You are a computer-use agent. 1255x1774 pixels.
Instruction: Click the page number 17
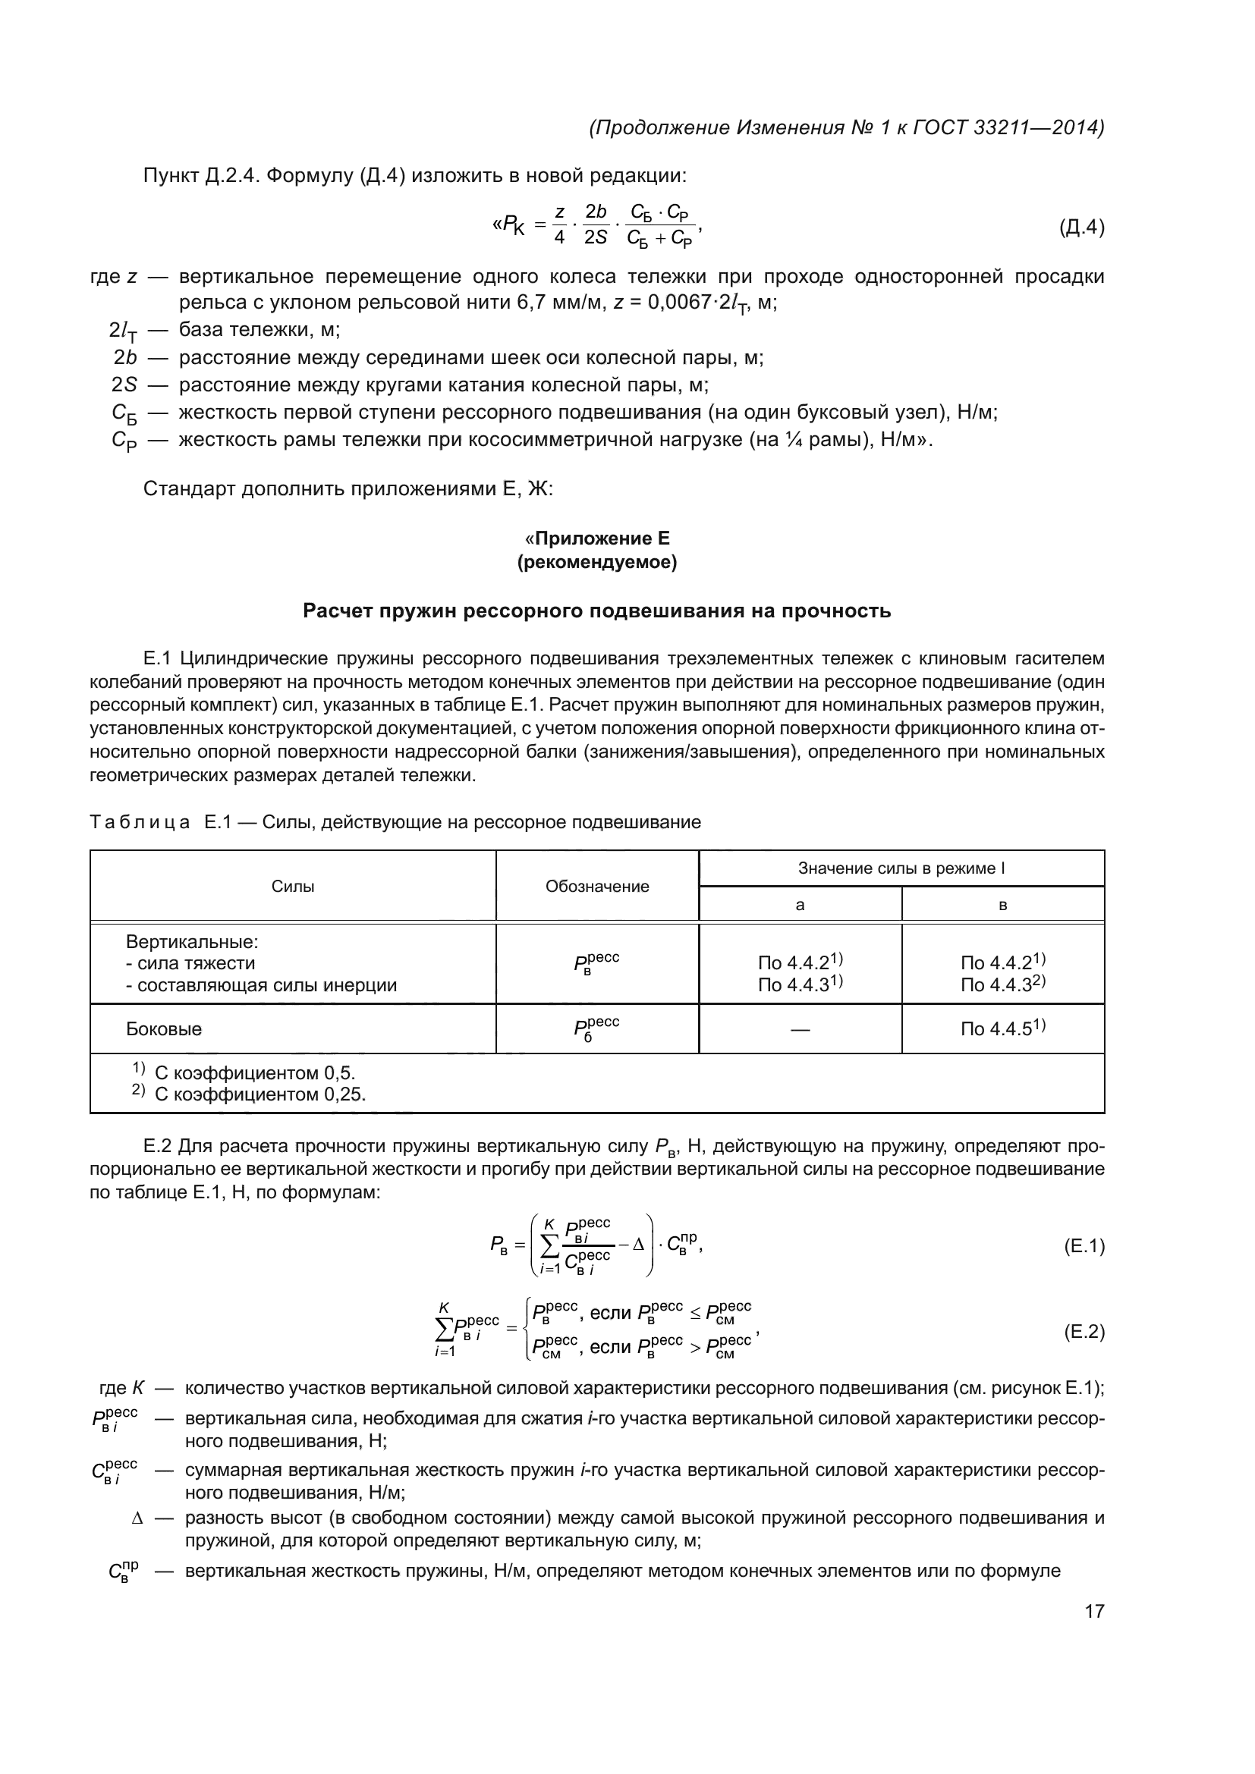pyautogui.click(x=1094, y=1611)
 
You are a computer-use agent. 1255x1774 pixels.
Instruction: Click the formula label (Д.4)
pyautogui.click(x=1081, y=228)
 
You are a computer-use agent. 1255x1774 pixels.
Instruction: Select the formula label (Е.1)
pyautogui.click(x=1084, y=1245)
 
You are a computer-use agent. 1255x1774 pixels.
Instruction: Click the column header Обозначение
pyautogui.click(x=596, y=886)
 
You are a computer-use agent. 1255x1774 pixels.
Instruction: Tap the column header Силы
pyautogui.click(x=293, y=886)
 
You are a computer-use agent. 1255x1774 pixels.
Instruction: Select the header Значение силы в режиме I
pyautogui.click(x=901, y=868)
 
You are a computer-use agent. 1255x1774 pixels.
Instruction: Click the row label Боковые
pyautogui.click(x=164, y=1028)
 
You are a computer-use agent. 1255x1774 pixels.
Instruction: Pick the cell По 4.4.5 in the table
pyautogui.click(x=1002, y=1028)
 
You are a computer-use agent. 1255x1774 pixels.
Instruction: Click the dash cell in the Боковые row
pyautogui.click(x=800, y=1029)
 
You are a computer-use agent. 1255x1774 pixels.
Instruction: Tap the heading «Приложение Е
pyautogui.click(x=596, y=538)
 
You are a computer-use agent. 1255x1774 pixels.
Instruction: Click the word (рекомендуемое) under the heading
pyautogui.click(x=596, y=563)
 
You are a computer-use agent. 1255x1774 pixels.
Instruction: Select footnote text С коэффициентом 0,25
pyautogui.click(x=259, y=1094)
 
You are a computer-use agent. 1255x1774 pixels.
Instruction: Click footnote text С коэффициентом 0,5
pyautogui.click(x=254, y=1072)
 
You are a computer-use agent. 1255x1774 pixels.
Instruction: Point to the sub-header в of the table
pyautogui.click(x=1002, y=905)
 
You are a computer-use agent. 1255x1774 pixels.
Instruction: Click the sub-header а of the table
pyautogui.click(x=800, y=905)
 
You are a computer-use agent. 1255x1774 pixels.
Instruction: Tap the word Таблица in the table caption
pyautogui.click(x=140, y=822)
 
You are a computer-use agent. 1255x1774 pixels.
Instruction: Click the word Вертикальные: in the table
pyautogui.click(x=192, y=942)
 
